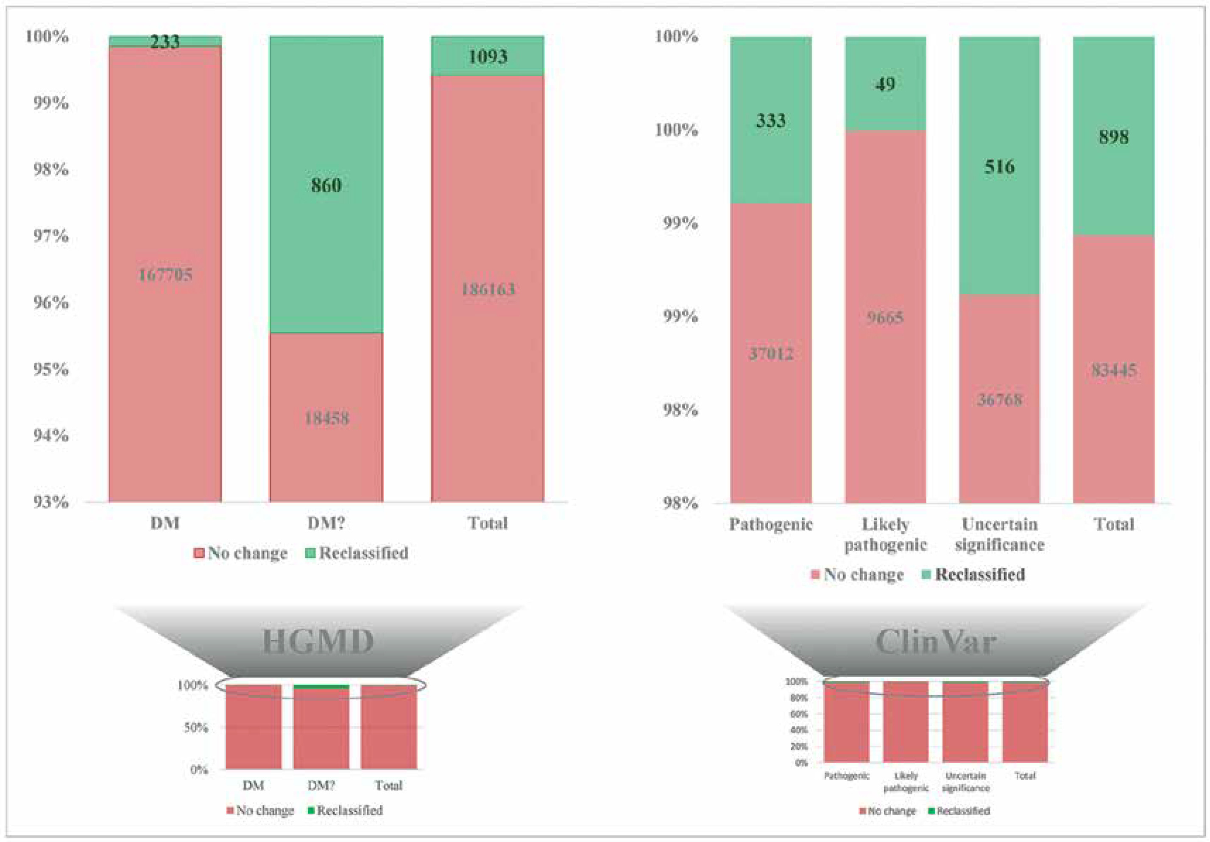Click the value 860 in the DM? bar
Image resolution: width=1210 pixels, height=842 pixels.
tap(326, 185)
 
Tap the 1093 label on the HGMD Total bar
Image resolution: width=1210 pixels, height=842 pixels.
tap(488, 56)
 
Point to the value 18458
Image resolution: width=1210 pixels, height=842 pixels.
tap(326, 418)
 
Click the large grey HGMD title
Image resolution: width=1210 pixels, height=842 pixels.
tap(318, 642)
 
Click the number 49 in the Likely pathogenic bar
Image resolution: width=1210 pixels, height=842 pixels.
tap(885, 84)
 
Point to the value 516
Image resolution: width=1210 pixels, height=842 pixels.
tap(999, 167)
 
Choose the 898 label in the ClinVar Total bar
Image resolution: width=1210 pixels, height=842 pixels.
tap(1114, 137)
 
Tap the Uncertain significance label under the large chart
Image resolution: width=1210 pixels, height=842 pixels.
tap(999, 534)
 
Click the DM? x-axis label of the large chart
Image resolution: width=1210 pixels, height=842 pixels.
tap(326, 523)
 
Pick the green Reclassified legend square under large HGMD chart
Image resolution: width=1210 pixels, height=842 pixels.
tap(311, 553)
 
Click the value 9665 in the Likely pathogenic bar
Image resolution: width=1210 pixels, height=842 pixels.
tap(885, 317)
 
